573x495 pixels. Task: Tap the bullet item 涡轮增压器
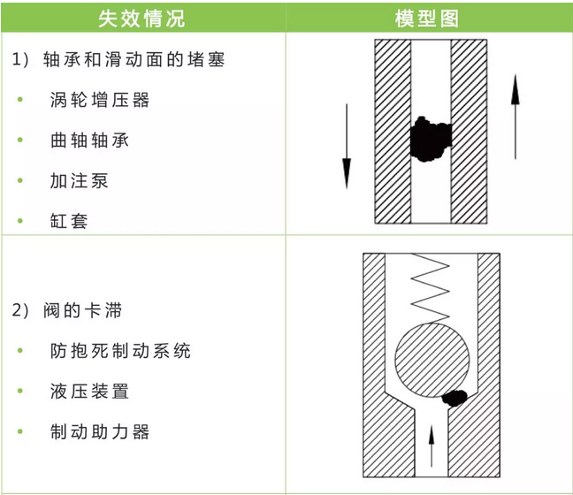point(100,99)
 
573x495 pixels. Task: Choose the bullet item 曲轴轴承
point(90,140)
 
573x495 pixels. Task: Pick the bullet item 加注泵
point(80,180)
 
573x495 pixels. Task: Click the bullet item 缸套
point(69,221)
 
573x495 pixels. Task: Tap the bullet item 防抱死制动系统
point(120,351)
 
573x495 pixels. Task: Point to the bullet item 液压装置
point(90,391)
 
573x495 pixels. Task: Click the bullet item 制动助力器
point(100,431)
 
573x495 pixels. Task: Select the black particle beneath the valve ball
point(456,399)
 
